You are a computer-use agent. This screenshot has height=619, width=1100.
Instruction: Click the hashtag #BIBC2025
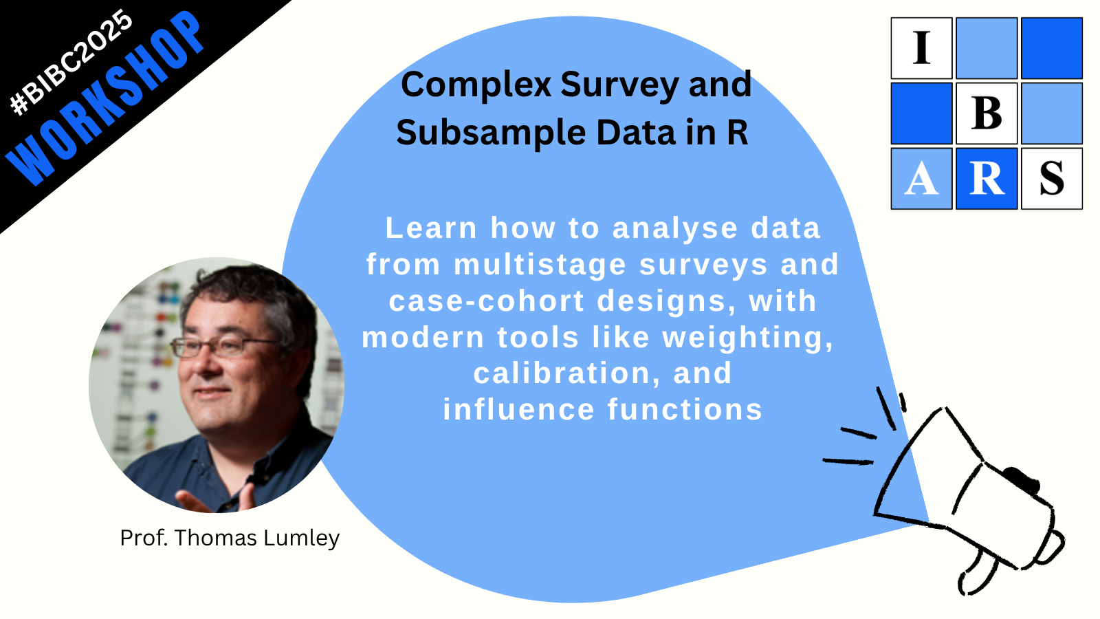point(71,63)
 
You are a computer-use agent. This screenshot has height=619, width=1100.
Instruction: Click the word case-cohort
point(487,301)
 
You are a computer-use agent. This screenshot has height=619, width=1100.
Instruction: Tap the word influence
point(519,409)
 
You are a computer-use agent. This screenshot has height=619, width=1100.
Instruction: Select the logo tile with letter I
point(921,48)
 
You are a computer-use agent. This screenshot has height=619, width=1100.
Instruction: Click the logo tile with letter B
point(987,113)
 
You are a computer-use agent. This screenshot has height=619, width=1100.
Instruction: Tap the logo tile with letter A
point(921,178)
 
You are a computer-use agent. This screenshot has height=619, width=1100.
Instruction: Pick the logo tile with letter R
point(987,178)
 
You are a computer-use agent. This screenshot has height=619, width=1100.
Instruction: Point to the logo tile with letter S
point(1052,178)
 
